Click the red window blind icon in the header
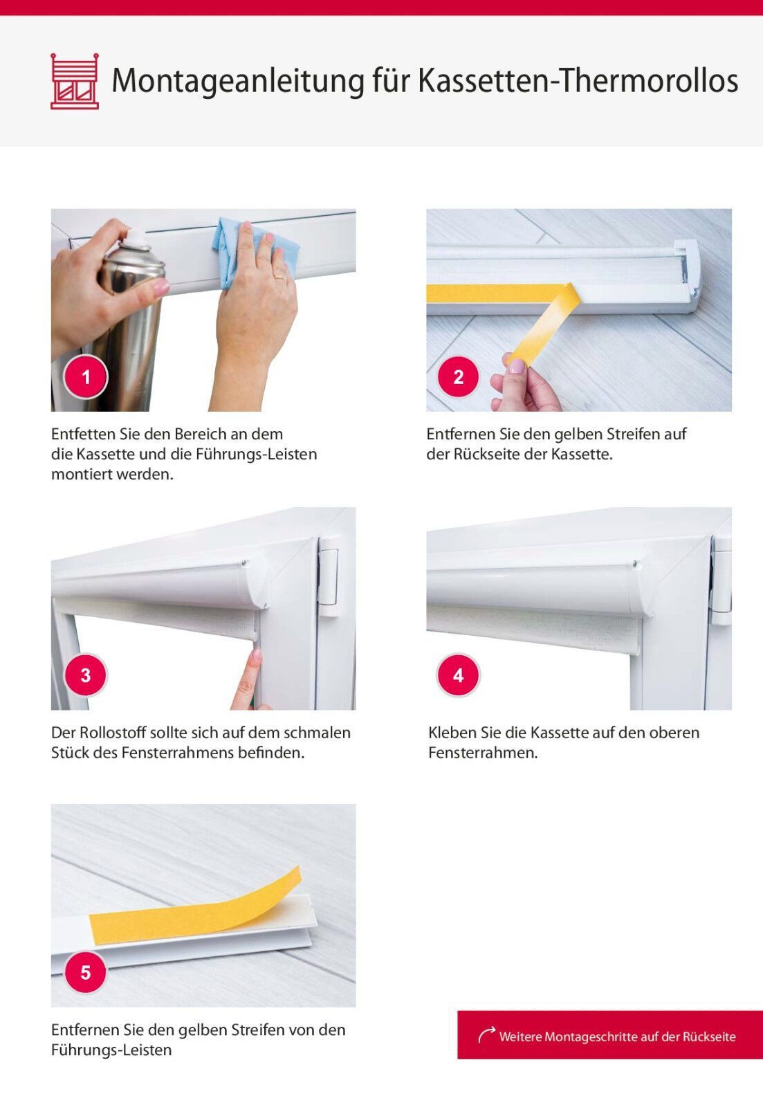(75, 81)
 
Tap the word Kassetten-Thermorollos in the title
(578, 80)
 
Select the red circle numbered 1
(86, 377)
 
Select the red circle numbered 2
(459, 377)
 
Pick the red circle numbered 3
(86, 675)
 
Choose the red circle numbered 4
(459, 675)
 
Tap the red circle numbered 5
(86, 973)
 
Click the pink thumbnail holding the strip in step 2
(517, 366)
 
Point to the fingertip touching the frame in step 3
(255, 655)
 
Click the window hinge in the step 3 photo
(328, 577)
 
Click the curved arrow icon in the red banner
(487, 1035)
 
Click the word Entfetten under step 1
(83, 434)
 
